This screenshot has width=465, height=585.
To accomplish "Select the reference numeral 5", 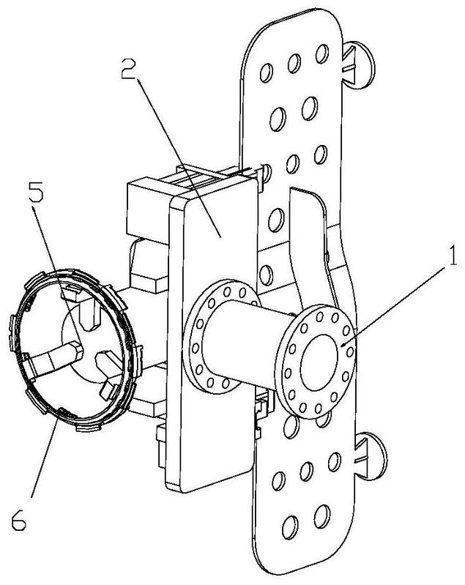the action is pos(36,191).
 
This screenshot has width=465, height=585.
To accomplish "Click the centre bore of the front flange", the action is pos(319,362).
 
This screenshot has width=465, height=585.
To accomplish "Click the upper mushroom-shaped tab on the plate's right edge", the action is pos(358,65).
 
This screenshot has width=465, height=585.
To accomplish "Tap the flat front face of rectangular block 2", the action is pos(212,336).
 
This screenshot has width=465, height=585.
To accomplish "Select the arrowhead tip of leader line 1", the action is pos(341,346).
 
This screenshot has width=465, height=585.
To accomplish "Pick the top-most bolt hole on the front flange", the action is pos(319,317).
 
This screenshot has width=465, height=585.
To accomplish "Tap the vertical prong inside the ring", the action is pos(89,313).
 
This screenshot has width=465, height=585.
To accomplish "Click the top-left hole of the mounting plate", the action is pos(266,72).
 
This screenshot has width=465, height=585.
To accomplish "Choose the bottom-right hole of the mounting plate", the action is pos(321,516).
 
